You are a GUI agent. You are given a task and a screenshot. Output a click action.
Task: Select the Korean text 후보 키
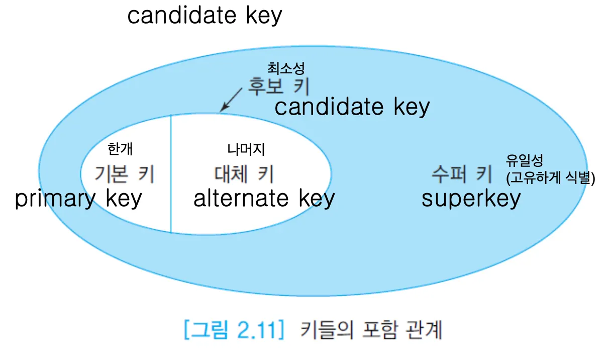[278, 87]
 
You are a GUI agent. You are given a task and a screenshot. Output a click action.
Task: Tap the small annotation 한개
[121, 149]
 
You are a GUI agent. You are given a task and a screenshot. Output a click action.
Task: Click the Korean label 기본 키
[124, 174]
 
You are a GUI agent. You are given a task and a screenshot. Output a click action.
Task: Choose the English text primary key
[78, 199]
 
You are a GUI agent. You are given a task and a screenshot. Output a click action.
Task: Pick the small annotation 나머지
[246, 149]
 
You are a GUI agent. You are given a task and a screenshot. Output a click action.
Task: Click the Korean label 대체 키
[244, 174]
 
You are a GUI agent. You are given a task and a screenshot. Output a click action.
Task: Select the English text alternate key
[264, 199]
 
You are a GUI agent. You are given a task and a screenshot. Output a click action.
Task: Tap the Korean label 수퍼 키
[461, 174]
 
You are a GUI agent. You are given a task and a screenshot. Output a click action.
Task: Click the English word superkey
[471, 199]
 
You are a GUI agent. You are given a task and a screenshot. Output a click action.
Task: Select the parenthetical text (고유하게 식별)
[551, 178]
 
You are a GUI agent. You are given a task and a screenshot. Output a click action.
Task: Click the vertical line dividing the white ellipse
[171, 173]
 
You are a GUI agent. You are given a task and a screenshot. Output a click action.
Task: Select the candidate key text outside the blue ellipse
[205, 15]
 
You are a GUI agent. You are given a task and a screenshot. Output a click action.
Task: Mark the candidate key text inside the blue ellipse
[352, 107]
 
